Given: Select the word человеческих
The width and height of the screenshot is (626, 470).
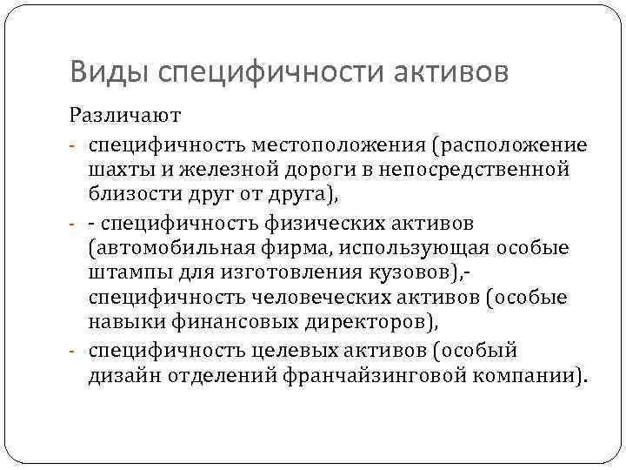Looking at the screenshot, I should [310, 298].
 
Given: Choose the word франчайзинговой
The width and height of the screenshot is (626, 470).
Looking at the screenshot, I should [366, 376].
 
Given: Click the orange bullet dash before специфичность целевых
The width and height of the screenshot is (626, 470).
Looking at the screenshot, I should [76, 351].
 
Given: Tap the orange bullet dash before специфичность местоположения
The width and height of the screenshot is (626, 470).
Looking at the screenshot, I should [76, 144].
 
